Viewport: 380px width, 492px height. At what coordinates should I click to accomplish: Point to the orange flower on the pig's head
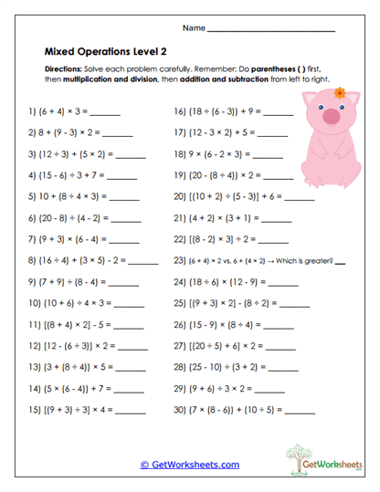[340, 92]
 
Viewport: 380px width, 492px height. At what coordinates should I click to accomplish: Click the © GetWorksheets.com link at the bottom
[189, 465]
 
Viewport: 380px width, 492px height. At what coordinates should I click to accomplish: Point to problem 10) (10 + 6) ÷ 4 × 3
[68, 303]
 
